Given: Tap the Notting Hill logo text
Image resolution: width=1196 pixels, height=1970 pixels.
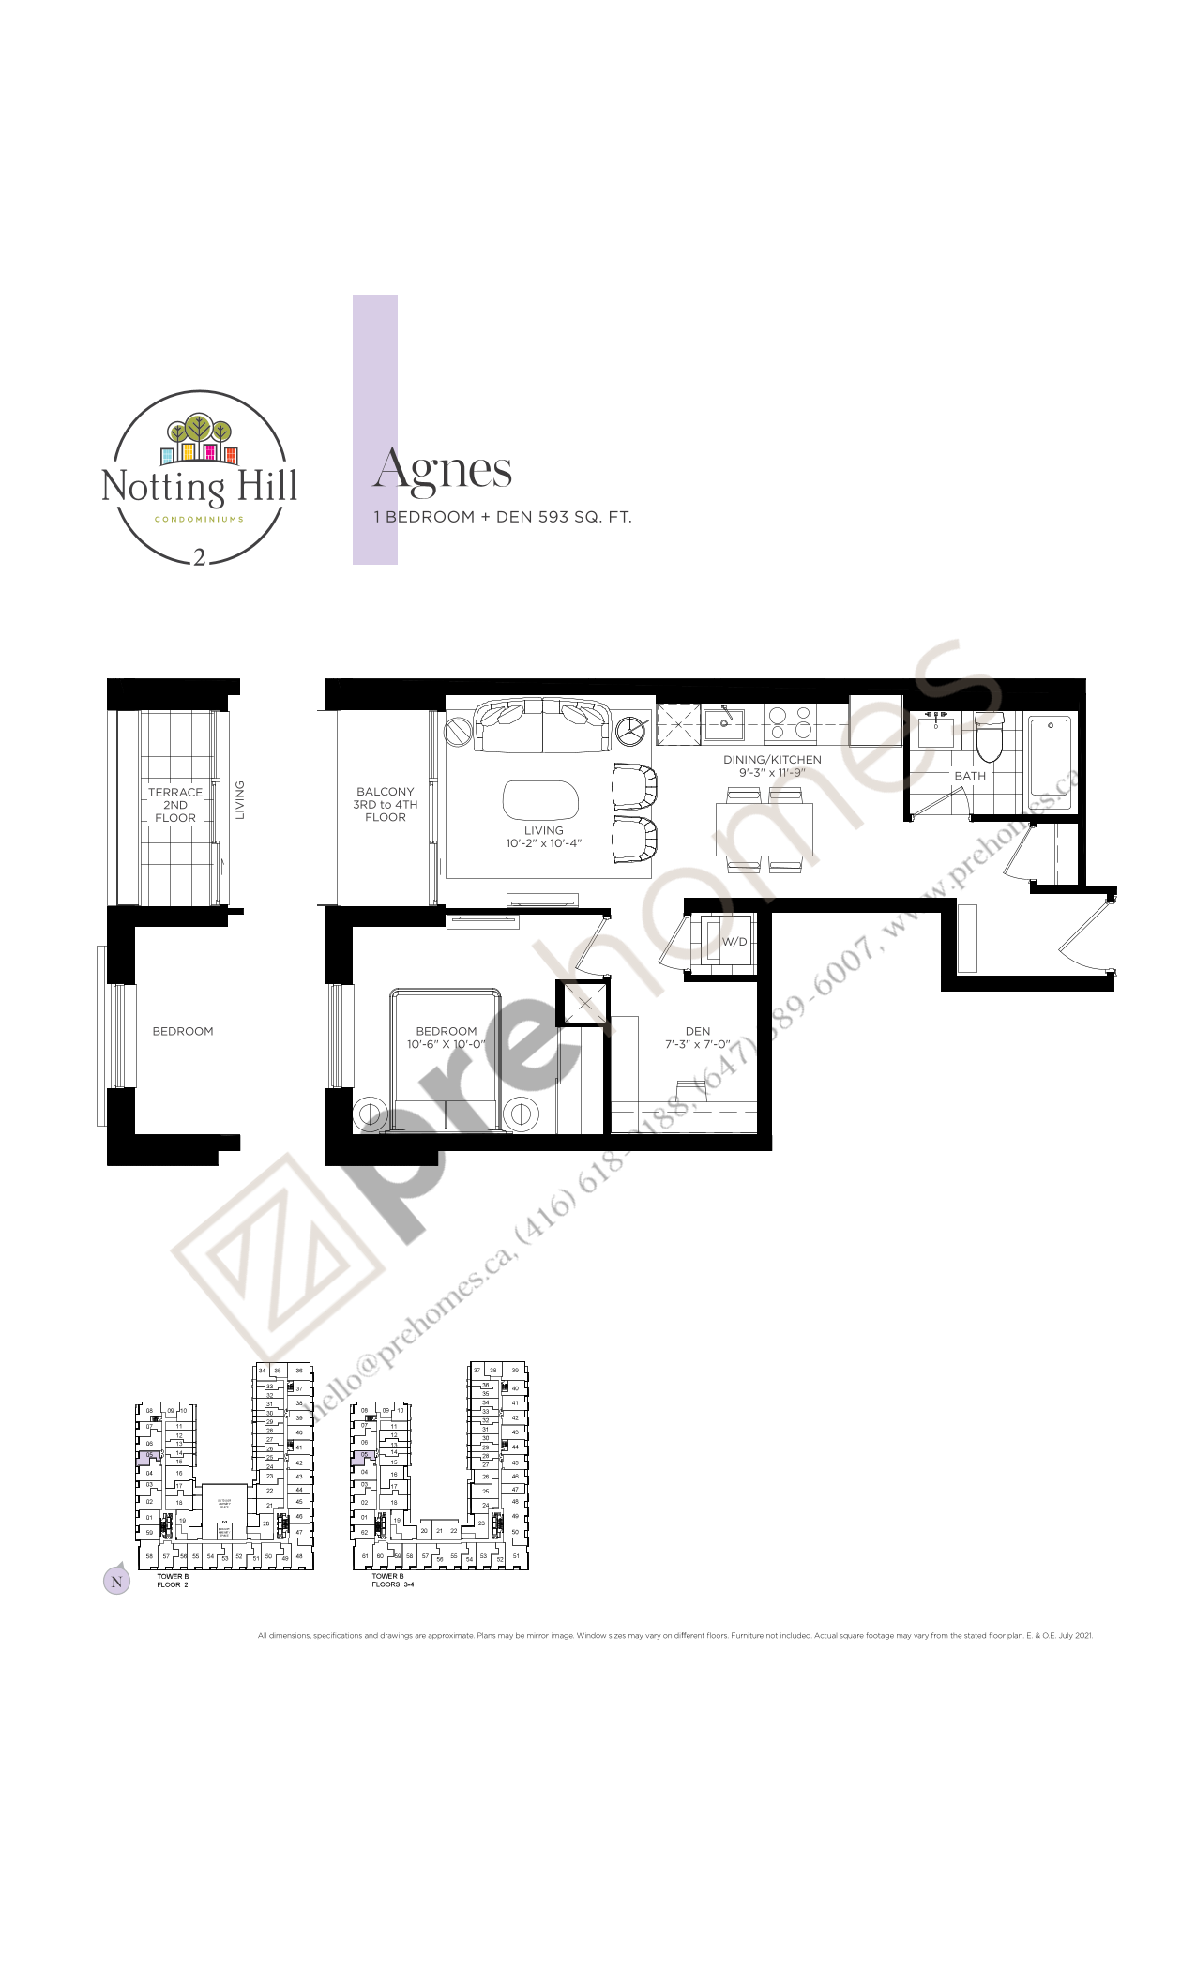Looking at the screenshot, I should (199, 487).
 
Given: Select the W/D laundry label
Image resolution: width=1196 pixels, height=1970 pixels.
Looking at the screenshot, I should (734, 942).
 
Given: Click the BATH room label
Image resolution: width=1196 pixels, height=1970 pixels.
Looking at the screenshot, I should (970, 776).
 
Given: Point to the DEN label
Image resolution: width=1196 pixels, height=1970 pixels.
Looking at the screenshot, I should (698, 1031).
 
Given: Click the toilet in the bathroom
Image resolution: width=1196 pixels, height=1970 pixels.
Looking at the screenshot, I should (990, 737).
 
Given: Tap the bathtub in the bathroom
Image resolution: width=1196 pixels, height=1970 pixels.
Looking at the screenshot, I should (1049, 756).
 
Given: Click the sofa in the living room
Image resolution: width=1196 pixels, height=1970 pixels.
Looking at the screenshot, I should (543, 725).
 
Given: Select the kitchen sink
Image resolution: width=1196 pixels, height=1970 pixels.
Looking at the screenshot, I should (723, 724).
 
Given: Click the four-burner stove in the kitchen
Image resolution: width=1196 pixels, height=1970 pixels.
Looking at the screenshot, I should (789, 724).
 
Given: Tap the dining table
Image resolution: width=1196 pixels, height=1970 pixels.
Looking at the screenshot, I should (764, 828).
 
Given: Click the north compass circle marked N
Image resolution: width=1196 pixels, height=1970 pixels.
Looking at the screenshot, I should (116, 1581).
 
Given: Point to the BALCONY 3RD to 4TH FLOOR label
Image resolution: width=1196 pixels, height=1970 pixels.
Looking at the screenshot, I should (386, 804).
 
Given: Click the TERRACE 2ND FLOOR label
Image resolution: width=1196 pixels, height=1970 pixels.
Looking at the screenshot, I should (175, 805).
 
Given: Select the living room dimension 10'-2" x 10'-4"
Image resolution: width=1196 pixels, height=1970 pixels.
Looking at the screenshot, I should (544, 843).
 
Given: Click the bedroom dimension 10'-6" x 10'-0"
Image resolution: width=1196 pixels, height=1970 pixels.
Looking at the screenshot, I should (447, 1044).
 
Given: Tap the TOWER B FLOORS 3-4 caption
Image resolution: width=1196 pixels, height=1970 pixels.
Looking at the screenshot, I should (392, 1580).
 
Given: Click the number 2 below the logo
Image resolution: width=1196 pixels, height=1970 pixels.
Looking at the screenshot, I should (199, 557).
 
